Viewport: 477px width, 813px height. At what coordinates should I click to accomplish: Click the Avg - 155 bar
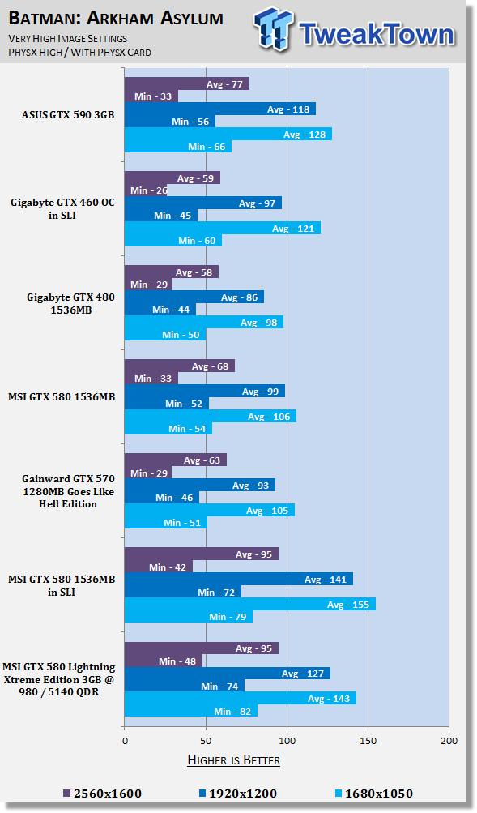250,604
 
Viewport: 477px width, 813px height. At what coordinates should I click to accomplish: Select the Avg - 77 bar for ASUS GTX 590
187,83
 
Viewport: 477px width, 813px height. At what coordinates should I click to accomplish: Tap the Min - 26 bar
146,190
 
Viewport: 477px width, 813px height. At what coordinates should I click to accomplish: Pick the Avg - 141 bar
239,580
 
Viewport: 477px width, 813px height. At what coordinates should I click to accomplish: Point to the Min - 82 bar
191,711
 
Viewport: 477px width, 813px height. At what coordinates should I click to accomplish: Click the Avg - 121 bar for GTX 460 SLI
223,228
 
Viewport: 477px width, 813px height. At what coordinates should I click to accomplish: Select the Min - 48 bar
164,661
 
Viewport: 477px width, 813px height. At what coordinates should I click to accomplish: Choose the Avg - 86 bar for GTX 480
194,297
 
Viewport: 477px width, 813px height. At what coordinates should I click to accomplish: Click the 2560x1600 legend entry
102,794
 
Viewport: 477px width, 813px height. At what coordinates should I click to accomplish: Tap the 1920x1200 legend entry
238,794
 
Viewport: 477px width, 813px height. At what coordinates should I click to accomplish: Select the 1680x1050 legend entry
374,794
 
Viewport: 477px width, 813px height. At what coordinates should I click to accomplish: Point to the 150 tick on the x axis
368,740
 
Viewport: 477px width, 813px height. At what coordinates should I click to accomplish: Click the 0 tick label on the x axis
125,740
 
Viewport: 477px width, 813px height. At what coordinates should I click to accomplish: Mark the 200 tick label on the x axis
449,740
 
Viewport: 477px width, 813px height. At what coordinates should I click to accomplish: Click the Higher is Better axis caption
233,760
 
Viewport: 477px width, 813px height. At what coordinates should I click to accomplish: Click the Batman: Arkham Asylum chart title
116,18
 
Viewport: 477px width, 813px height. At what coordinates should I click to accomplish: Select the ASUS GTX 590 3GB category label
68,114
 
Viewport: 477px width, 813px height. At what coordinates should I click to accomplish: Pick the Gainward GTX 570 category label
68,491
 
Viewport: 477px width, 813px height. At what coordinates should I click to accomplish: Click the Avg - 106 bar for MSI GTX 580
211,416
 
